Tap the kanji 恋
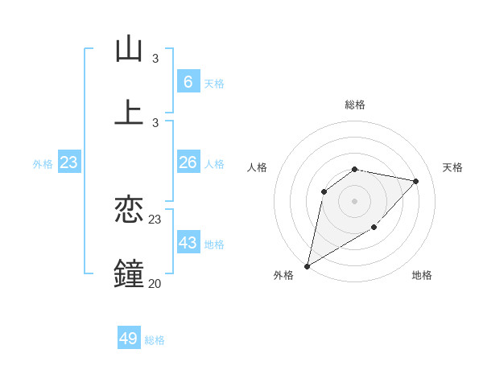pos(129,211)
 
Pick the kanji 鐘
pos(129,273)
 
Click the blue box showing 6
pos(188,81)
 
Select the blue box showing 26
pos(188,162)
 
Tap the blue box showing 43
pos(188,243)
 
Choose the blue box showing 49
pos(129,339)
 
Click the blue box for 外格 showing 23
pos(69,162)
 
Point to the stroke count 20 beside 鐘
pos(155,283)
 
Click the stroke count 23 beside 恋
pos(155,219)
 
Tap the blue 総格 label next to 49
pos(155,340)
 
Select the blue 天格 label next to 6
pos(213,83)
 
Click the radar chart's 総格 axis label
pos(354,105)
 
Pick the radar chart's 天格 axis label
pos(452,167)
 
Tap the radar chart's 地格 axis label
pos(422,275)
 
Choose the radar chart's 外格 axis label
pos(283,275)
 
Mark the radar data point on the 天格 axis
pos(415,181)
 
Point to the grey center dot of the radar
pos(354,200)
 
